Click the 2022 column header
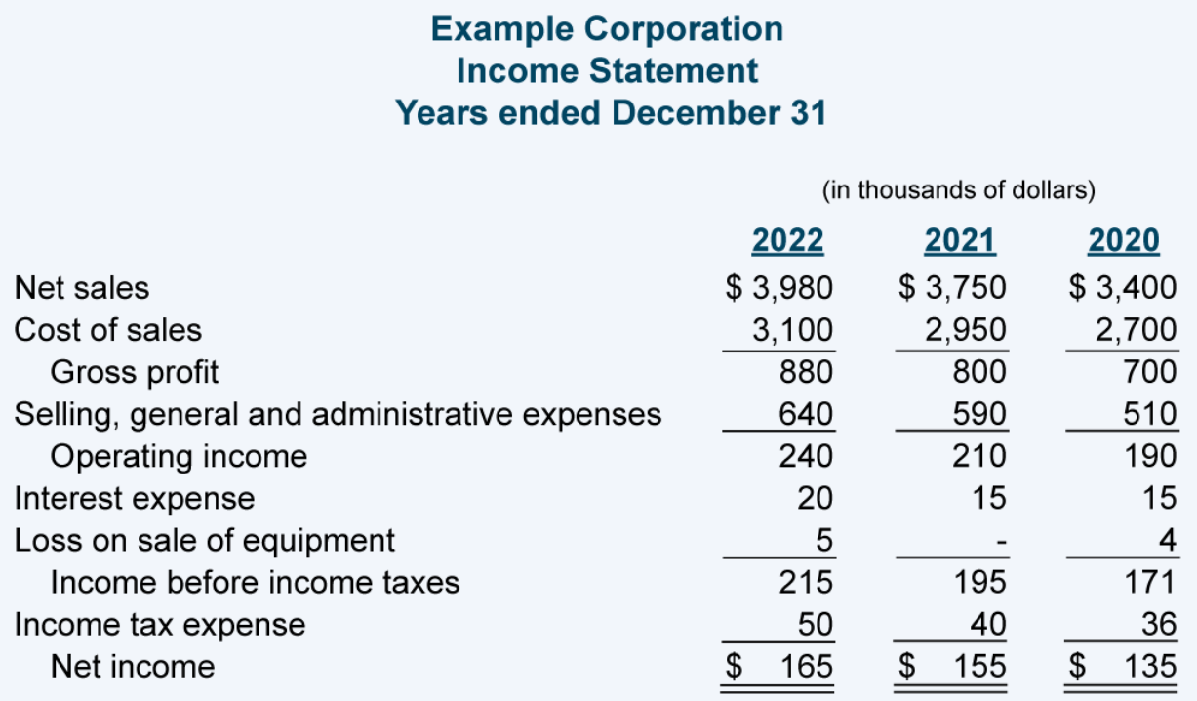(x=787, y=239)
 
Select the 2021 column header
(x=959, y=239)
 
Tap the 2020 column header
(x=1123, y=239)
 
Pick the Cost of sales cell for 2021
(x=965, y=330)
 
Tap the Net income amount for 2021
(x=978, y=667)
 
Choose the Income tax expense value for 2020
(x=1158, y=624)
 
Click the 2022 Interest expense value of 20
(x=814, y=498)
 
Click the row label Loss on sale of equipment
(x=204, y=540)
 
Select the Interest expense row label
(x=134, y=498)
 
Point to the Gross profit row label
(x=135, y=372)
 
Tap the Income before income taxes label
(x=255, y=583)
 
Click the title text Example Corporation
(x=607, y=28)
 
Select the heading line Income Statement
(x=607, y=70)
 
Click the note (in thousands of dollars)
(x=959, y=189)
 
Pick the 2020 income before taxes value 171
(x=1150, y=583)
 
